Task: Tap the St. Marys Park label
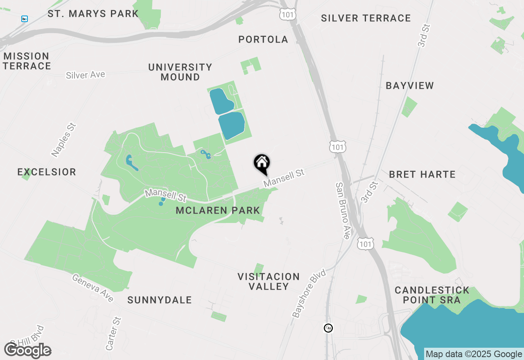pyautogui.click(x=93, y=13)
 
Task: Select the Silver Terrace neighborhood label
pyautogui.click(x=366, y=18)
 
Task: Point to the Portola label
pyautogui.click(x=263, y=39)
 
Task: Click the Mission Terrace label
pyautogui.click(x=27, y=61)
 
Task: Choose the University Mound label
pyautogui.click(x=180, y=72)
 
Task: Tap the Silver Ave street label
pyautogui.click(x=86, y=75)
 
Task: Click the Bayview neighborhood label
pyautogui.click(x=410, y=85)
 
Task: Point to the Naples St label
pyautogui.click(x=64, y=140)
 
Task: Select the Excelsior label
pyautogui.click(x=47, y=172)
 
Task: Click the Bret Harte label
pyautogui.click(x=422, y=174)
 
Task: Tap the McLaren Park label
pyautogui.click(x=218, y=211)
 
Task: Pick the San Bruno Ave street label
pyautogui.click(x=343, y=210)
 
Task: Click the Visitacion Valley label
pyautogui.click(x=269, y=281)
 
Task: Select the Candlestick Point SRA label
pyautogui.click(x=432, y=295)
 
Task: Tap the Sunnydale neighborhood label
pyautogui.click(x=160, y=300)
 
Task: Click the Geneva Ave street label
pyautogui.click(x=93, y=288)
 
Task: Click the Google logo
pyautogui.click(x=28, y=351)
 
